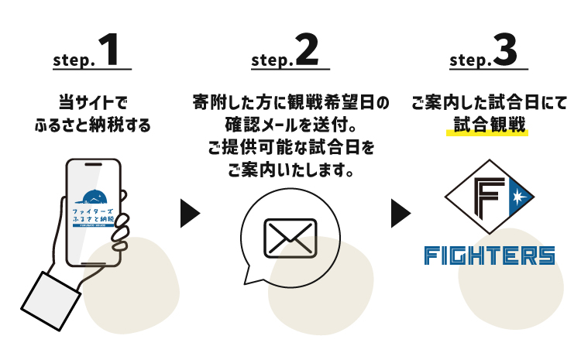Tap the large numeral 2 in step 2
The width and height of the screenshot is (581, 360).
pos(307,52)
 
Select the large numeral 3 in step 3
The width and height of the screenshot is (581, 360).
pos(504,52)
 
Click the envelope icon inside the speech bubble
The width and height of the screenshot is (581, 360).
pos(290,238)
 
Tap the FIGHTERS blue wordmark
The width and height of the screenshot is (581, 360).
pos(489,255)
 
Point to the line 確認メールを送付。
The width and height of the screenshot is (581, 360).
pos(290,124)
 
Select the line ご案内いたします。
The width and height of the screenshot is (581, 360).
pos(290,168)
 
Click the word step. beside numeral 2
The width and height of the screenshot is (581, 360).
pos(272,60)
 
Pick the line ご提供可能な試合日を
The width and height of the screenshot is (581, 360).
pos(290,146)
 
